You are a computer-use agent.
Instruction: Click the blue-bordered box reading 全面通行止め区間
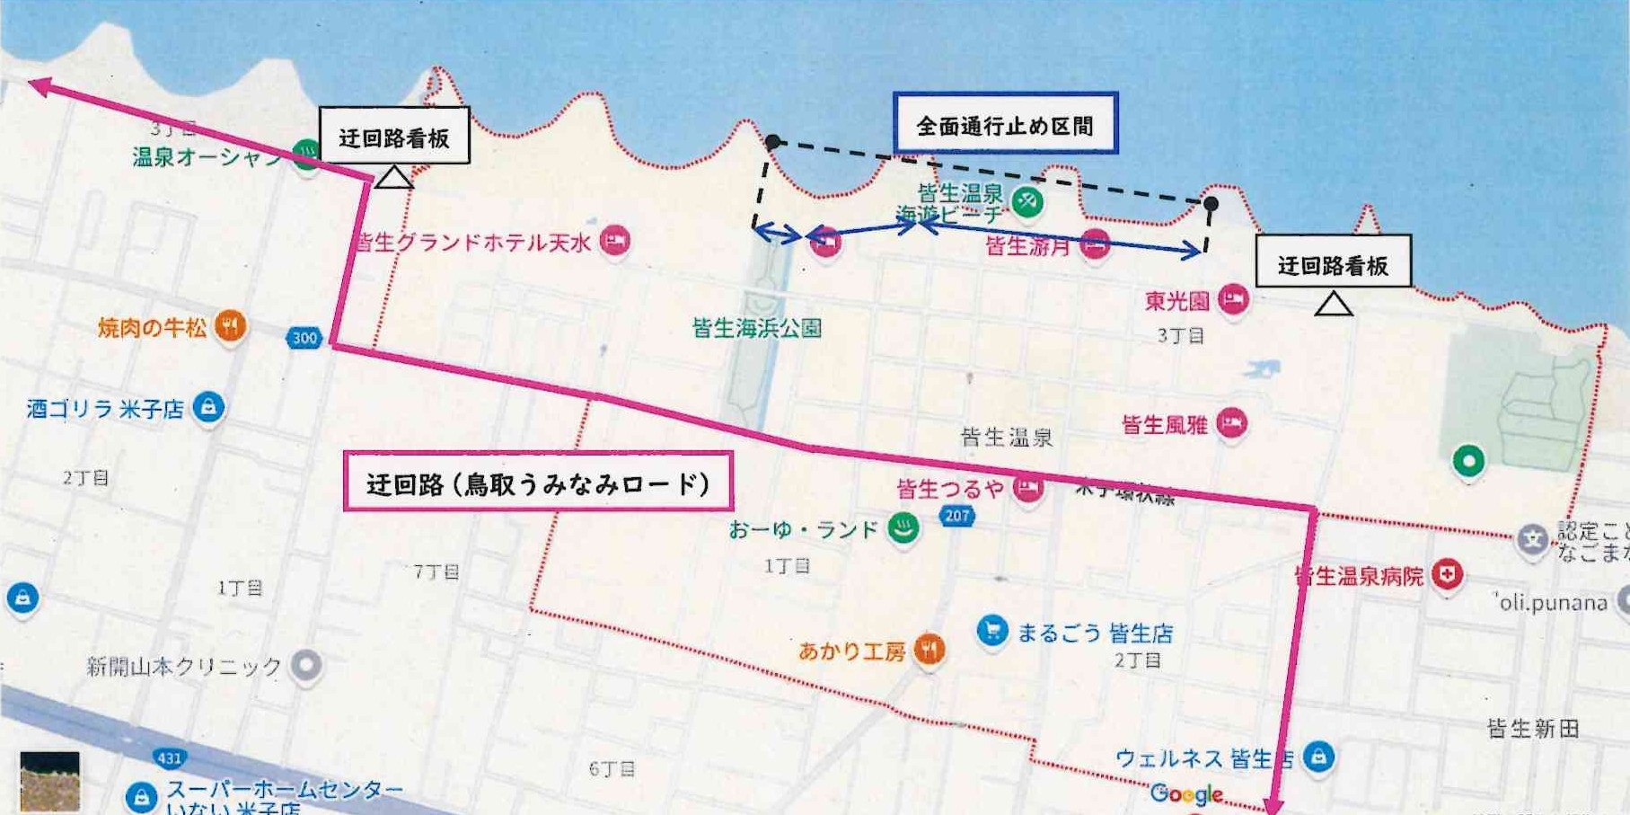pos(1005,124)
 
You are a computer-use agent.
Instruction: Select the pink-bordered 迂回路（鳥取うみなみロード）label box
pos(538,483)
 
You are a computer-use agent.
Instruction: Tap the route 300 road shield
pos(304,338)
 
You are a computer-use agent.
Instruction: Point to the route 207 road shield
pos(957,516)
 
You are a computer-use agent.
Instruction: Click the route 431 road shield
pos(169,757)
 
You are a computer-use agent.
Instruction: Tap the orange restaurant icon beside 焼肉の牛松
pos(231,326)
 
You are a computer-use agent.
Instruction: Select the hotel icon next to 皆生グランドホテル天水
pos(614,241)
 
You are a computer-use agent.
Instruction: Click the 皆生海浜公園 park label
pos(756,328)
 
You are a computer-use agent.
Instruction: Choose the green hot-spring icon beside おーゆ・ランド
pos(903,528)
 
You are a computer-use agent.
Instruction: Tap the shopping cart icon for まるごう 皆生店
pos(991,631)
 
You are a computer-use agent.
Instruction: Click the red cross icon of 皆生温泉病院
pos(1446,574)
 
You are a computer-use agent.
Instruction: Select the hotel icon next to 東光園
pos(1233,299)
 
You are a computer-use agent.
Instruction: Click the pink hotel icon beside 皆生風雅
pos(1231,422)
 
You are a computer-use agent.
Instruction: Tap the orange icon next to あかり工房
pos(930,649)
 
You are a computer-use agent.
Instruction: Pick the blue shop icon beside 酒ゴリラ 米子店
pos(208,407)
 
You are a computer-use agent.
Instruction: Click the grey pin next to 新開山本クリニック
pos(307,666)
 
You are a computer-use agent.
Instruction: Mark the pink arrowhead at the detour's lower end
pos(1273,805)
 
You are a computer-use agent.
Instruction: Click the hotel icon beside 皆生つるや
pos(1028,488)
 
